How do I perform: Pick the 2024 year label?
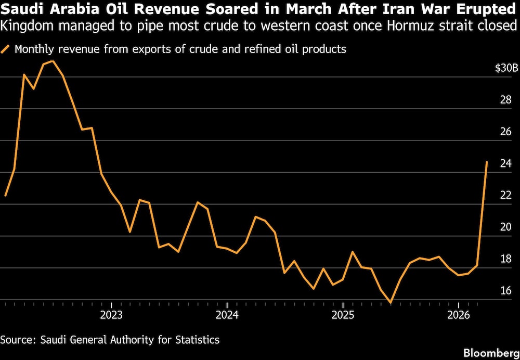click(227, 315)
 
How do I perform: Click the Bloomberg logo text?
click(491, 352)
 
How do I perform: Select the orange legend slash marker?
click(6, 49)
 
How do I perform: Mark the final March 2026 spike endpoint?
click(487, 162)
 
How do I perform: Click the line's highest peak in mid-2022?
click(53, 61)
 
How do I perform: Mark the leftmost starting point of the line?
click(5, 196)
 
